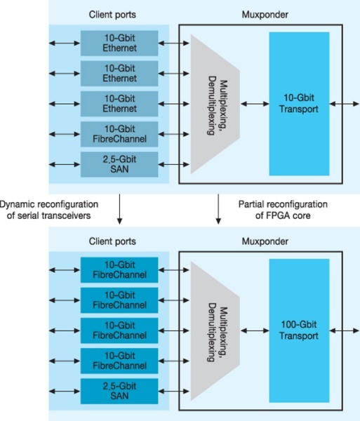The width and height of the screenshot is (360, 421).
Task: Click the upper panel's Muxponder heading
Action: tap(261, 13)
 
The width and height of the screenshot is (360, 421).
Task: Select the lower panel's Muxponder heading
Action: tap(261, 241)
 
